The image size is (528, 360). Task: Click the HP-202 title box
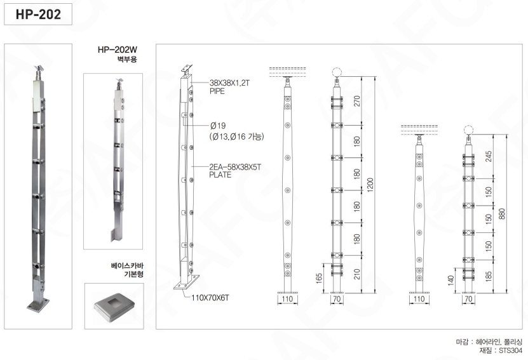pyautogui.click(x=38, y=14)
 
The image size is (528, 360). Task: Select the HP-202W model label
pyautogui.click(x=118, y=50)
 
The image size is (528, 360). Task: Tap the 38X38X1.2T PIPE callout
pyautogui.click(x=229, y=87)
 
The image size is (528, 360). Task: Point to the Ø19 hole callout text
pyautogui.click(x=218, y=126)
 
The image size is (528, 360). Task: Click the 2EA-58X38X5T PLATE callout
pyautogui.click(x=235, y=171)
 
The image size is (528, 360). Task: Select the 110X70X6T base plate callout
pyautogui.click(x=210, y=298)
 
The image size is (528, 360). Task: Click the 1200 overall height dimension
pyautogui.click(x=370, y=185)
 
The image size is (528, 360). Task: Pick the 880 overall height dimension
pyautogui.click(x=502, y=214)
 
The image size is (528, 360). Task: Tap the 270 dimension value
pyautogui.click(x=357, y=101)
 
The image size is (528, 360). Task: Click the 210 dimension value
pyautogui.click(x=357, y=274)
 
